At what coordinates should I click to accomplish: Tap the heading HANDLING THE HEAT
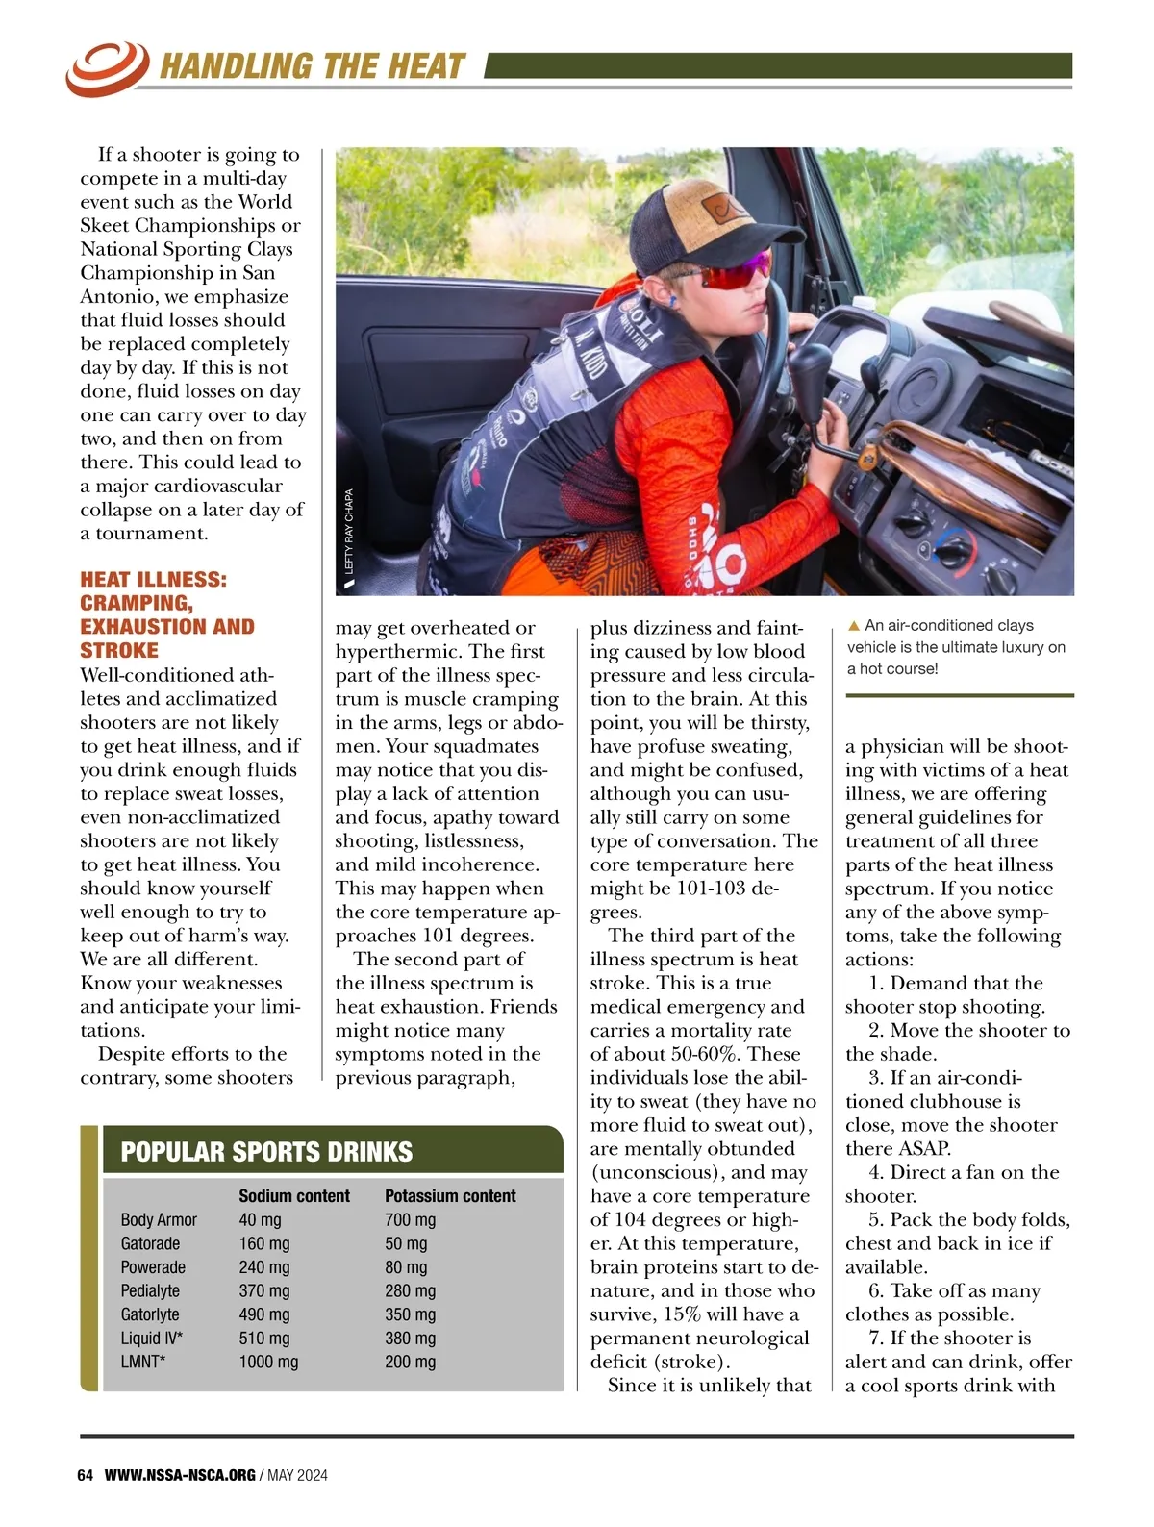312,66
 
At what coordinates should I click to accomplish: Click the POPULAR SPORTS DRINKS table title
266,1152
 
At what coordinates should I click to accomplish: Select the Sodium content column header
294,1196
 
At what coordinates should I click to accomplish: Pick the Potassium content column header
450,1196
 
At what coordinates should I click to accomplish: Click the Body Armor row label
159,1220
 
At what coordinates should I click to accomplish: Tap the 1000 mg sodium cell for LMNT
268,1362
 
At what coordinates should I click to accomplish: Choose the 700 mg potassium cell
410,1220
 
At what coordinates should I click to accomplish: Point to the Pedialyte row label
150,1291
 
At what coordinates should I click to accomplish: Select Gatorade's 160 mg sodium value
263,1244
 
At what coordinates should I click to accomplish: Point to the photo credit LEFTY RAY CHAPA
349,531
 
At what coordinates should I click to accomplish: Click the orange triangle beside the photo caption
853,626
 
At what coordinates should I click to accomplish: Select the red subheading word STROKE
119,650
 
